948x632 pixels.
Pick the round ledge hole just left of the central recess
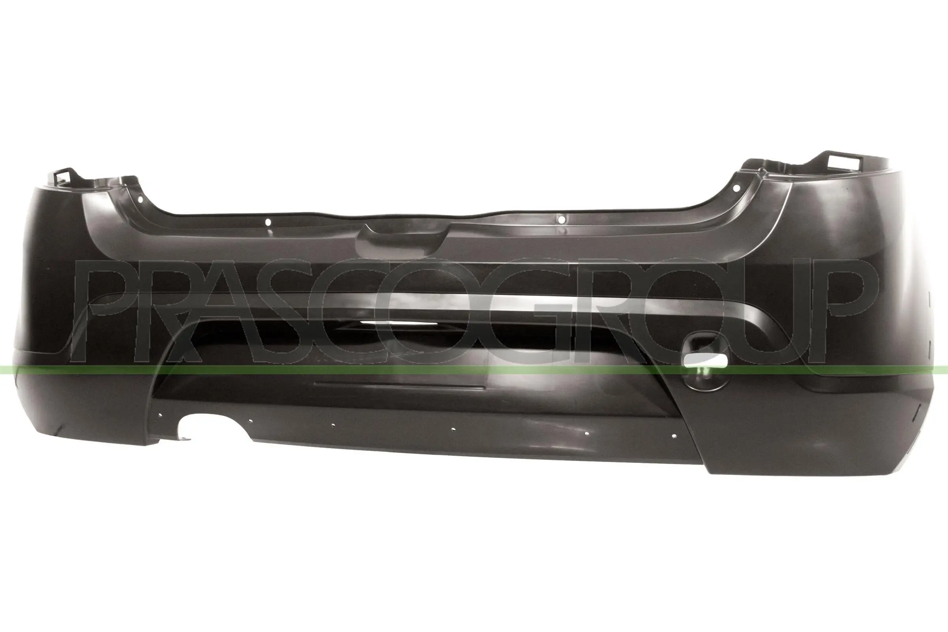click(x=269, y=222)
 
